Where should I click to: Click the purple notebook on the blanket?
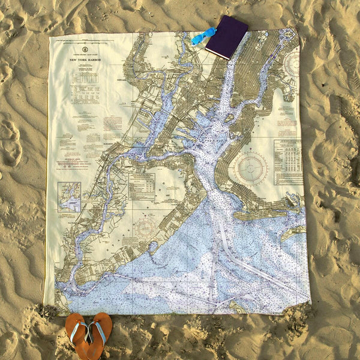point(226,37)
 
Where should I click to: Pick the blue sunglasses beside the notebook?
point(202,36)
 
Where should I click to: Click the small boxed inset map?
point(69,197)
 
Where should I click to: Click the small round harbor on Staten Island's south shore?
point(152,246)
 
